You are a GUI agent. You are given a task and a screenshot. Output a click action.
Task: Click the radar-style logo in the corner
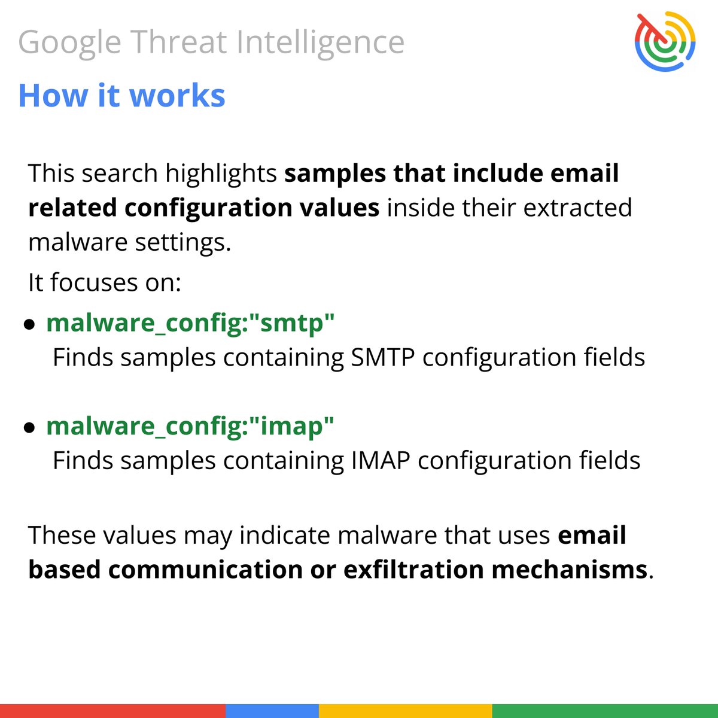(x=665, y=40)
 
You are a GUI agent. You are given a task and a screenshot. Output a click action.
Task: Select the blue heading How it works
(x=121, y=96)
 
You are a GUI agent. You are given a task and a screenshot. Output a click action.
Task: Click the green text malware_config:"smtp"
(x=190, y=323)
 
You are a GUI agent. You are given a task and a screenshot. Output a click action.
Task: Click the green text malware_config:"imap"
(x=190, y=426)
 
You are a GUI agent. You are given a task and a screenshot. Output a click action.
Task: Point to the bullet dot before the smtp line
(x=29, y=325)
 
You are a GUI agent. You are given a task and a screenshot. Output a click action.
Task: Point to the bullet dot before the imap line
(x=29, y=428)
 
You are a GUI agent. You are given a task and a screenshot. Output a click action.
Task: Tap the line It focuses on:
(x=105, y=282)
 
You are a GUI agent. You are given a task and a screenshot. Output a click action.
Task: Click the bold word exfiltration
(x=413, y=570)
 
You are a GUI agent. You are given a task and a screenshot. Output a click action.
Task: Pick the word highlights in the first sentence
(x=221, y=174)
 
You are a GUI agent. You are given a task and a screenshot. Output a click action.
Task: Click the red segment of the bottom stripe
(x=112, y=711)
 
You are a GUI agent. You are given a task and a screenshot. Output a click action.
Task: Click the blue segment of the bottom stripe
(x=272, y=711)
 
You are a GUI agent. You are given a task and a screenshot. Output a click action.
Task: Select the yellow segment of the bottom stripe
(x=405, y=711)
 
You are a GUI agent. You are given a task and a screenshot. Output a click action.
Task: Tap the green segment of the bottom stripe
(x=604, y=711)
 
